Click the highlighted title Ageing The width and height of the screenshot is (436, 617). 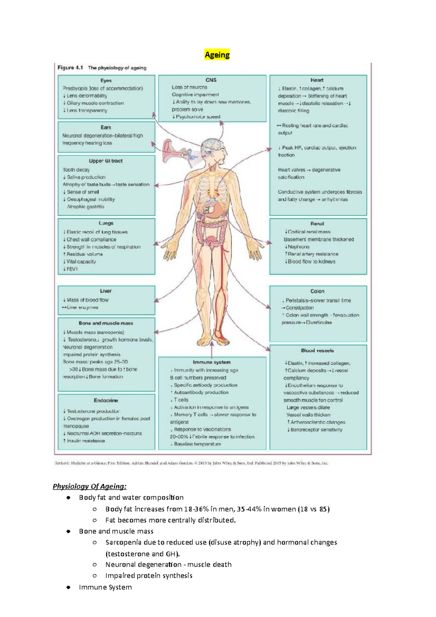point(217,55)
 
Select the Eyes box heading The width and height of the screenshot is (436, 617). point(106,80)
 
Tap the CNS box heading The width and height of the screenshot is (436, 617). point(211,80)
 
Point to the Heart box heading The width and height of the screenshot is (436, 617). point(317,80)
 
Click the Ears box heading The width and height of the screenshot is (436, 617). point(106,127)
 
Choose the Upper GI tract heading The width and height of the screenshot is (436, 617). point(106,161)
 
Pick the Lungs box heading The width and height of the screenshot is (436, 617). point(106,223)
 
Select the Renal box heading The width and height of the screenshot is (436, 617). point(317,223)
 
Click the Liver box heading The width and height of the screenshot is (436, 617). point(106,291)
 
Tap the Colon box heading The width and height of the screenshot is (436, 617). point(317,291)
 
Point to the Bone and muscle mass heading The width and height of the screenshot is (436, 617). point(106,323)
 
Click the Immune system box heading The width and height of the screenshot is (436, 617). point(211,362)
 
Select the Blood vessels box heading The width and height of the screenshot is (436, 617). point(317,350)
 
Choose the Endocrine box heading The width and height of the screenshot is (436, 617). point(106,400)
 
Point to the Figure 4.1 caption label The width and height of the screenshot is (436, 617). point(70,68)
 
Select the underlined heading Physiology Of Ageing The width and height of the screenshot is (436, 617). point(90,486)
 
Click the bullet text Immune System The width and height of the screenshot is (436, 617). point(105,587)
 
